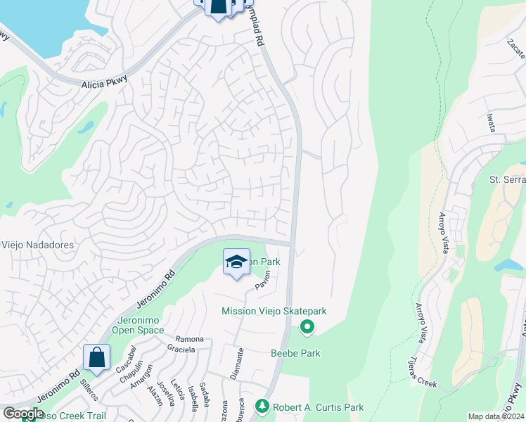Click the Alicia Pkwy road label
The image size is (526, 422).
103,84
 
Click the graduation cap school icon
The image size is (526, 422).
237,262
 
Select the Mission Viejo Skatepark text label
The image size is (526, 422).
274,311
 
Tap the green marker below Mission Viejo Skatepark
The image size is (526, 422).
307,326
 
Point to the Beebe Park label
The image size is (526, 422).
295,353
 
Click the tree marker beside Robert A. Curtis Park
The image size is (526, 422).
262,407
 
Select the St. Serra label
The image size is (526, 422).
507,180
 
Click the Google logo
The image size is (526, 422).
23,414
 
